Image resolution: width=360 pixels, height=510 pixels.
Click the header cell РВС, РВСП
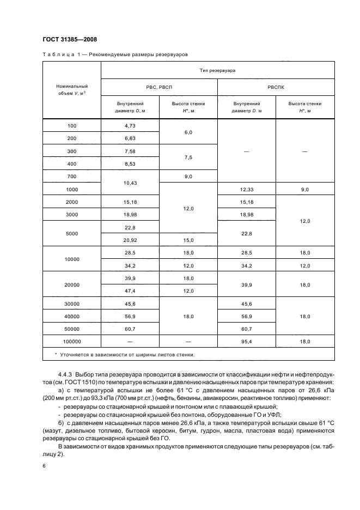(159, 87)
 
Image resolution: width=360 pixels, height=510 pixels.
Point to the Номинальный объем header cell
(72, 89)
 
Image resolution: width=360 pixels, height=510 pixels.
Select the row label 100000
(72, 341)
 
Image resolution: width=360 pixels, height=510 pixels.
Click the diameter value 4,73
(130, 126)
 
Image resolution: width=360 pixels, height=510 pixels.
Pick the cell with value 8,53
(130, 163)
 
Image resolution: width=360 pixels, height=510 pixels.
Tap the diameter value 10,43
(130, 183)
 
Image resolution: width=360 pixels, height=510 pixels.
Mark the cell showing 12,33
(246, 190)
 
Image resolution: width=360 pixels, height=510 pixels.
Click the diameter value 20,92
(130, 240)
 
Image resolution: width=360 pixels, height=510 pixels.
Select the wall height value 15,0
(188, 240)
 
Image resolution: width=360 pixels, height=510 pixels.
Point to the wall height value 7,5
(188, 157)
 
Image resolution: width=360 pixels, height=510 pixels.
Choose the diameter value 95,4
(246, 341)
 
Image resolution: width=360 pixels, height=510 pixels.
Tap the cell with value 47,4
(130, 291)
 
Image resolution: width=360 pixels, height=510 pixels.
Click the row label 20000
(72, 284)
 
